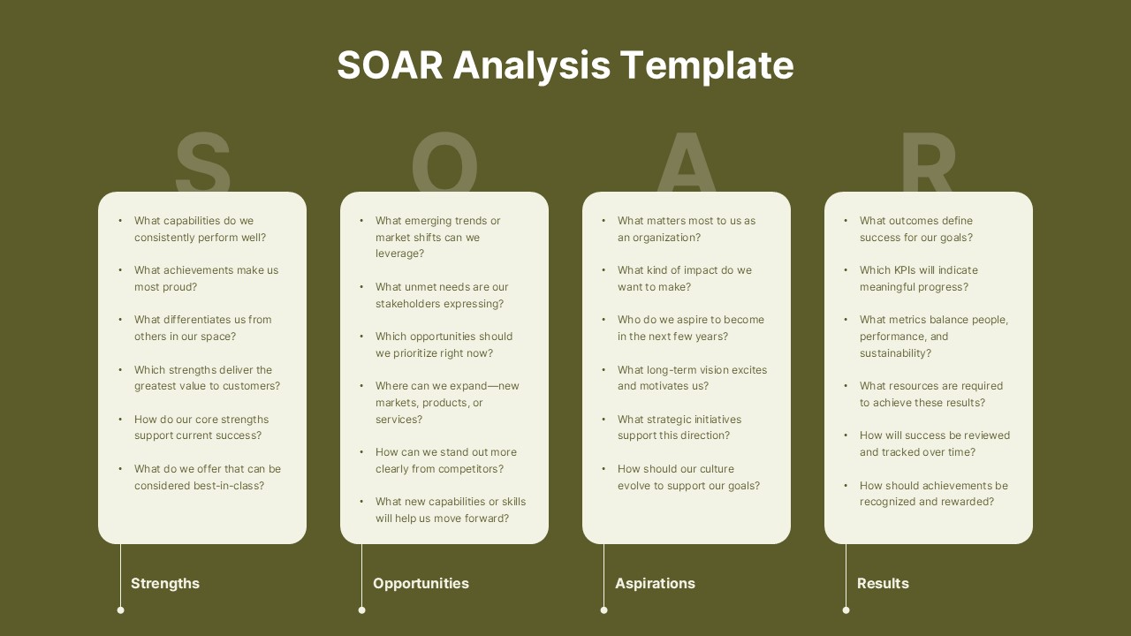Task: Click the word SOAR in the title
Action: (391, 65)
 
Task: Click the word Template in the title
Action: (707, 66)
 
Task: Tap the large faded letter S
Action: (202, 162)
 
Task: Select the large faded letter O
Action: (444, 162)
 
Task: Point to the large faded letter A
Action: (687, 162)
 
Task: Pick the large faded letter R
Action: (929, 162)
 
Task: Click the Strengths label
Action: (165, 584)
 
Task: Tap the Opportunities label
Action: (421, 584)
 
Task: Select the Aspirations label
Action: (655, 584)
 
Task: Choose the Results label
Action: (883, 584)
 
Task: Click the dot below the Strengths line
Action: (121, 610)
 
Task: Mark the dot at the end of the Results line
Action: (846, 610)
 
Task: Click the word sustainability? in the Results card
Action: (895, 353)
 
